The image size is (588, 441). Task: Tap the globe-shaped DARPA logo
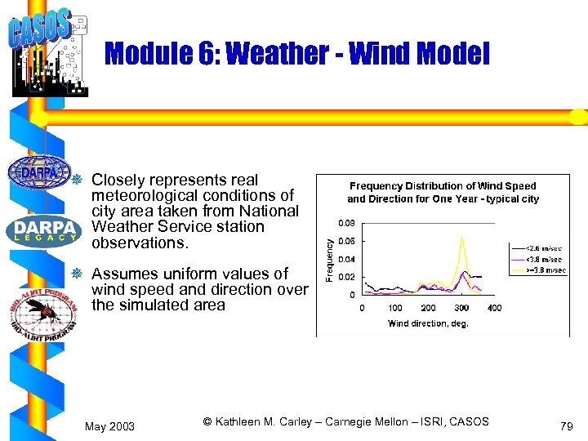click(x=39, y=172)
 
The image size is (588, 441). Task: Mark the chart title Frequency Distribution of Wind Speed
click(x=443, y=186)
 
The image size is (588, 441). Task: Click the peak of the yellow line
click(x=462, y=238)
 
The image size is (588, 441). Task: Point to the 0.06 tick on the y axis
click(x=347, y=241)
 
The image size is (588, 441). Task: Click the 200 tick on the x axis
click(x=428, y=308)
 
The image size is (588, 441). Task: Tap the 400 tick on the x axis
click(x=494, y=308)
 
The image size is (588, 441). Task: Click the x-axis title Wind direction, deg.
click(x=428, y=323)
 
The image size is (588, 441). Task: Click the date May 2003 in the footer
click(x=110, y=426)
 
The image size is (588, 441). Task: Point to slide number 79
click(x=566, y=426)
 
